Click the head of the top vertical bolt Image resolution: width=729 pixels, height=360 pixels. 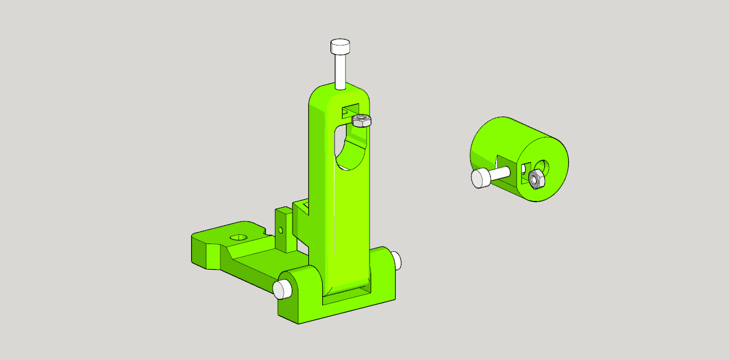(340, 46)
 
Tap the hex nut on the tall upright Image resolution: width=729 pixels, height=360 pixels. (362, 121)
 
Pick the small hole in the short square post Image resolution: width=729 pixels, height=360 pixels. (280, 230)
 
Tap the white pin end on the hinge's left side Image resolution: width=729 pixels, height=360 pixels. (282, 288)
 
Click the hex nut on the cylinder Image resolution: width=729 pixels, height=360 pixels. (537, 180)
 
